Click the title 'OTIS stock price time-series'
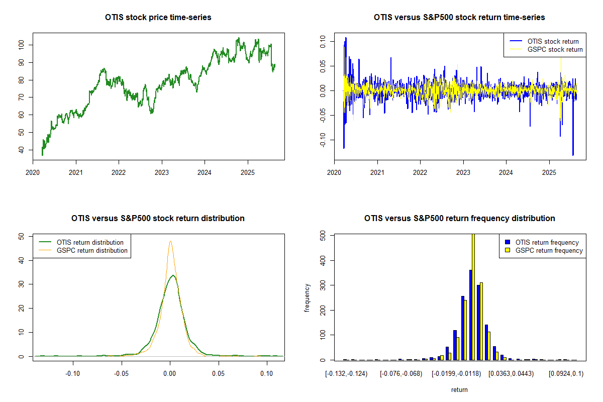coord(158,18)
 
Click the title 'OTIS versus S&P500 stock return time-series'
coord(459,18)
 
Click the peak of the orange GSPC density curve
coord(170,241)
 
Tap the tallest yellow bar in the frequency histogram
coord(473,296)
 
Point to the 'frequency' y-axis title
coord(307,298)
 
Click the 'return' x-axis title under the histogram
coord(459,390)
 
